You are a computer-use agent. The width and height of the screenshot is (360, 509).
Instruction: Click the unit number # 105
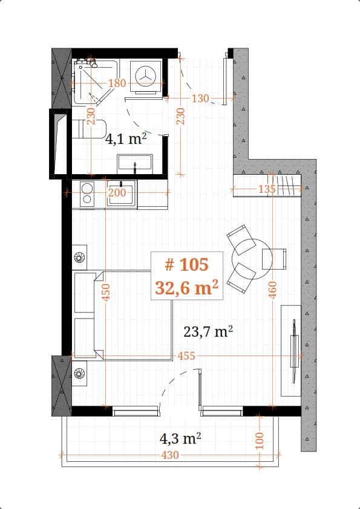(186, 265)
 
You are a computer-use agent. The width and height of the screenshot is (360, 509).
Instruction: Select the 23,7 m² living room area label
(208, 331)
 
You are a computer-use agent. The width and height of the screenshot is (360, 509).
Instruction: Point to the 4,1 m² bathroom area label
(126, 139)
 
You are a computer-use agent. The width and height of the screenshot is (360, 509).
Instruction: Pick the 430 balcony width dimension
(171, 455)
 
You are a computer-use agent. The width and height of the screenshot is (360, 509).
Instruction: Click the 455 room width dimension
(186, 356)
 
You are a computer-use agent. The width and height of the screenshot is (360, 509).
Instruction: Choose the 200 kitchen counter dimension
(116, 193)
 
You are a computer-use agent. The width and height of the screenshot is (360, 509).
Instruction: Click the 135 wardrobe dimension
(266, 189)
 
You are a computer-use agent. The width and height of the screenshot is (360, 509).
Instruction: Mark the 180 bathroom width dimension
(117, 83)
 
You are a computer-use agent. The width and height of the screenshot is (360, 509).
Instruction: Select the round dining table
(246, 252)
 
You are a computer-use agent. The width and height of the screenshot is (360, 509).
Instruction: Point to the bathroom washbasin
(134, 163)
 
